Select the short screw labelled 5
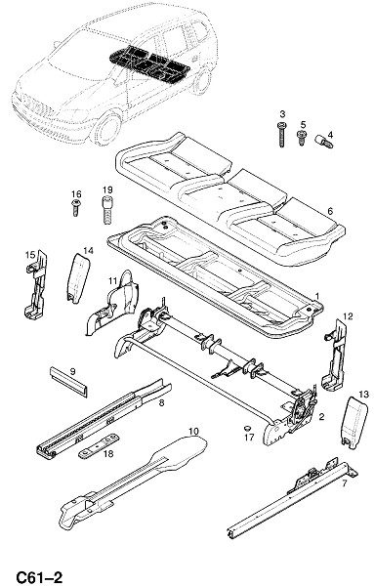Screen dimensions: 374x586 301,137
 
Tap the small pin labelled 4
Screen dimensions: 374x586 323,142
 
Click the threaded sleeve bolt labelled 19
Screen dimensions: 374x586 107,209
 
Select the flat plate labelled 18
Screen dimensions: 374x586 99,446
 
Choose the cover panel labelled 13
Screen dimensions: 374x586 355,422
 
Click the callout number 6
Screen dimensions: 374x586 330,211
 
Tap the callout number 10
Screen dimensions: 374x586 193,431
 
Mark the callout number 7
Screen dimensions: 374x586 344,482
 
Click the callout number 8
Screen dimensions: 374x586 161,403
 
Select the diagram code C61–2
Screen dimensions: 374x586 39,577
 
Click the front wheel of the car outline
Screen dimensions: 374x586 106,128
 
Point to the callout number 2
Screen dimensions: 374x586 321,416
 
